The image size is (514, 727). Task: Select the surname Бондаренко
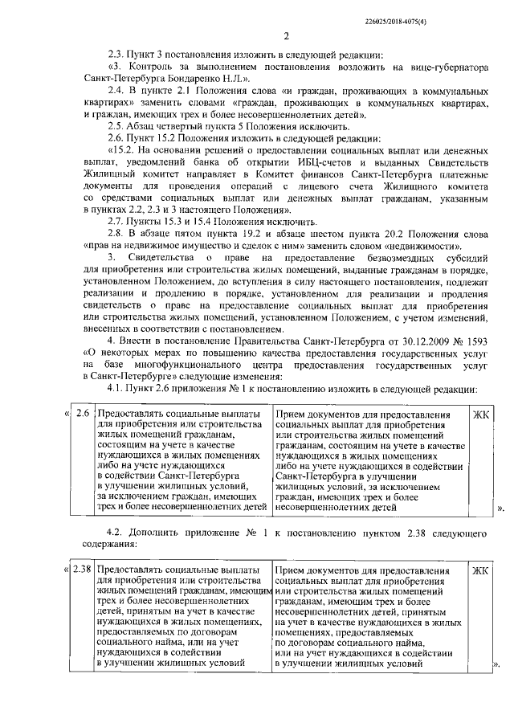(x=196, y=80)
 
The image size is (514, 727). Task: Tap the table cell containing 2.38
(x=81, y=570)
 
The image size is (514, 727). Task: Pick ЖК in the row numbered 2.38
(x=480, y=570)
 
